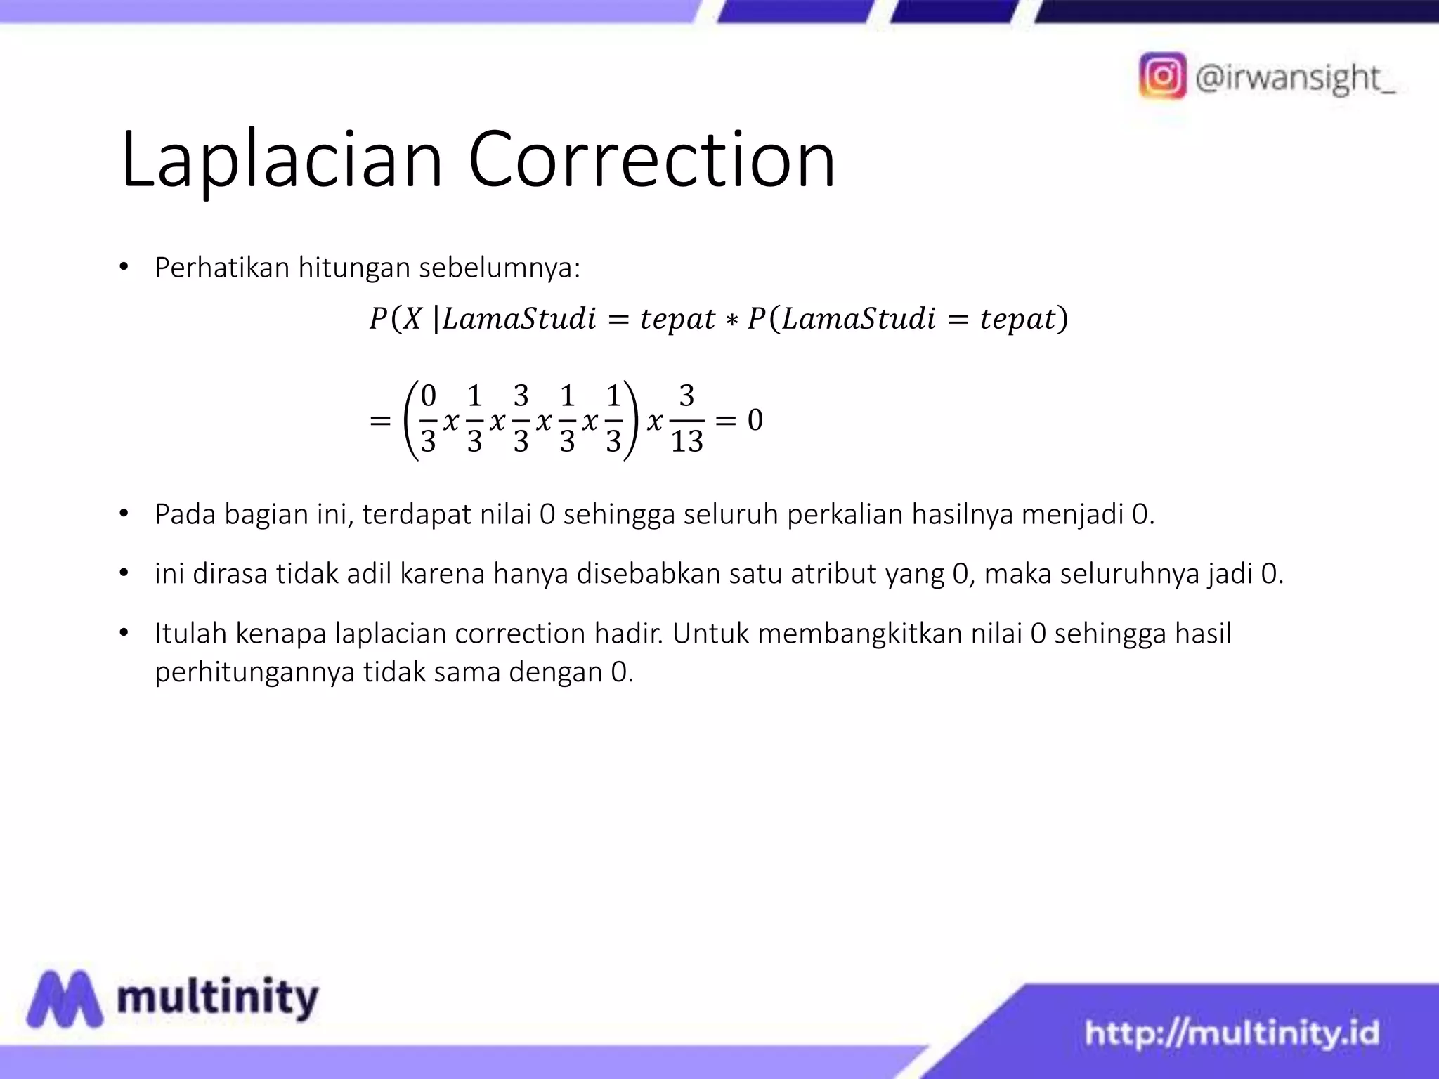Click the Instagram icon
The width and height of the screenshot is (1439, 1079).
pos(1162,75)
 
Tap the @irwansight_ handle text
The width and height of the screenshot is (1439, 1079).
pos(1295,77)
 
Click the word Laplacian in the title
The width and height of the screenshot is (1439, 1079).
pos(282,159)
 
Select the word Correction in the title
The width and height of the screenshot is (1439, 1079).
pos(651,159)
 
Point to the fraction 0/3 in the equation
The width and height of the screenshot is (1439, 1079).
pos(428,419)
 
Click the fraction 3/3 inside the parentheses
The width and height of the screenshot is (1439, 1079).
pos(521,419)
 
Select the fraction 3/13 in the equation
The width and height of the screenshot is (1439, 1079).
pos(686,419)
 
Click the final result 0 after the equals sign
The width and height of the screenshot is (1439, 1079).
pos(755,420)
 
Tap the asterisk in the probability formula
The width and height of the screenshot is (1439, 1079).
pos(731,320)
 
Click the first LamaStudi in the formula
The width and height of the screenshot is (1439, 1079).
pos(519,319)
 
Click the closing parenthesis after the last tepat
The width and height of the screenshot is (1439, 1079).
pos(1063,319)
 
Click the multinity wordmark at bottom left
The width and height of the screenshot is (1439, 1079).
pos(218,998)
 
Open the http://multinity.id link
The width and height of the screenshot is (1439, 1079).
pos(1232,1033)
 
